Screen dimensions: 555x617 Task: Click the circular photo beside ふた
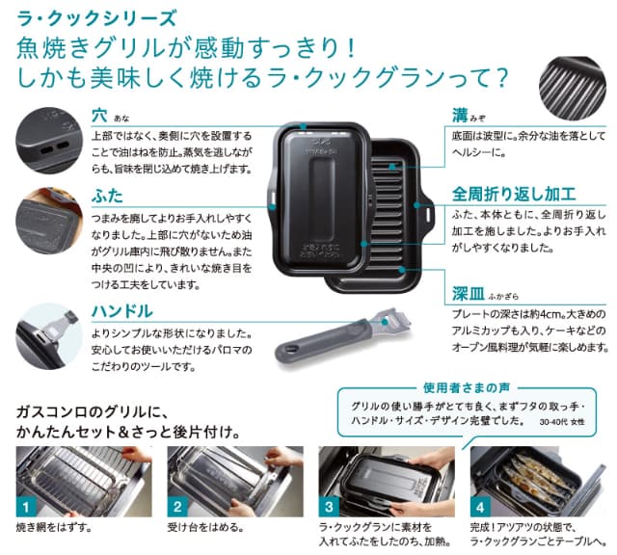click(48, 226)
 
